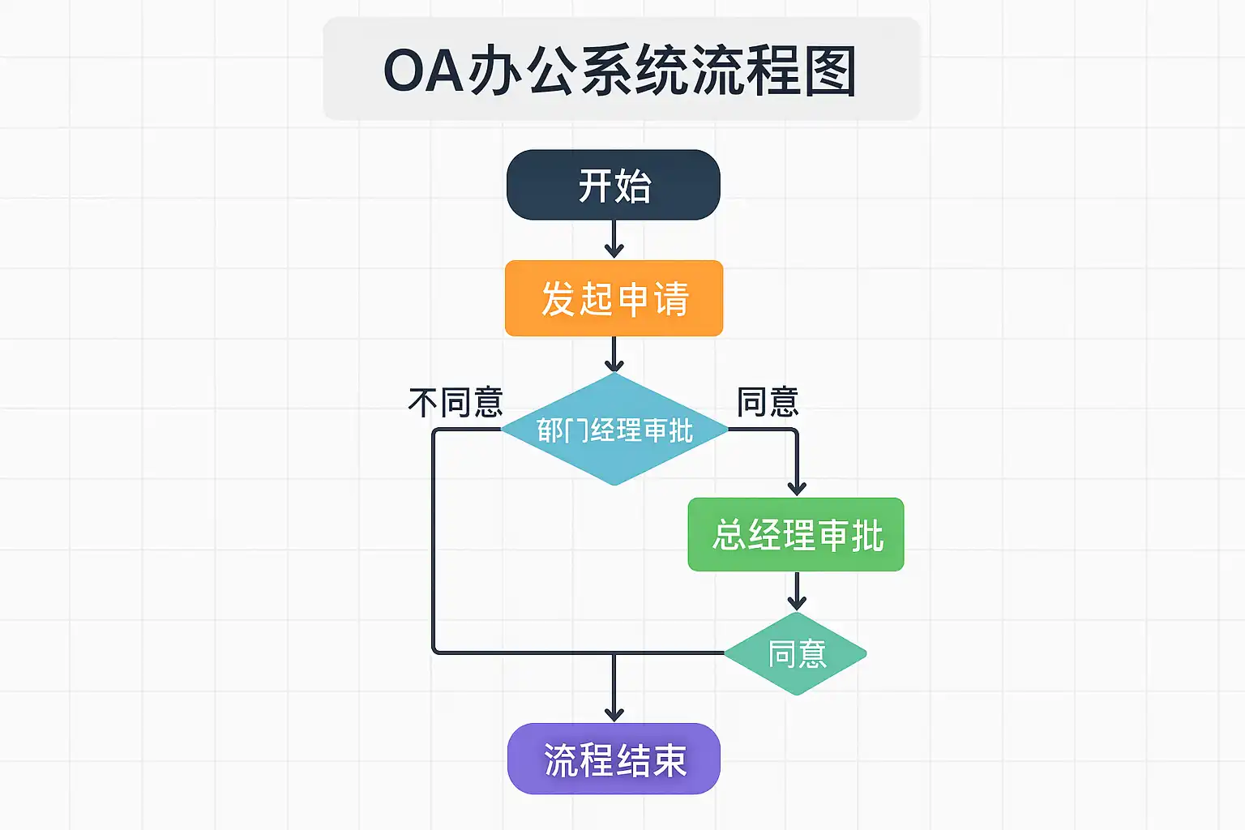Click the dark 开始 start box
click(614, 185)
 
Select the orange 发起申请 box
click(614, 298)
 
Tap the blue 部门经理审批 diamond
click(614, 430)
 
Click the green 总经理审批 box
click(796, 535)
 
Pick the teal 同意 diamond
click(796, 653)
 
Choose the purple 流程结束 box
click(614, 759)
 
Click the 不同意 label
click(456, 402)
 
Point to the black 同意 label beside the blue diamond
click(768, 402)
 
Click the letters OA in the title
click(422, 71)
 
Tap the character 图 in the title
click(828, 71)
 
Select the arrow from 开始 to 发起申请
click(614, 240)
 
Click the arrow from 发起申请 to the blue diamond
click(614, 355)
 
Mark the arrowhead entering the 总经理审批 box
click(797, 487)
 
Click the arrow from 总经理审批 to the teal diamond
click(797, 591)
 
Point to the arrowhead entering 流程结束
click(614, 713)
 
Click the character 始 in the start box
click(633, 186)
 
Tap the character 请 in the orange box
click(671, 299)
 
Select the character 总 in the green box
click(729, 536)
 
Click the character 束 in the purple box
click(670, 760)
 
